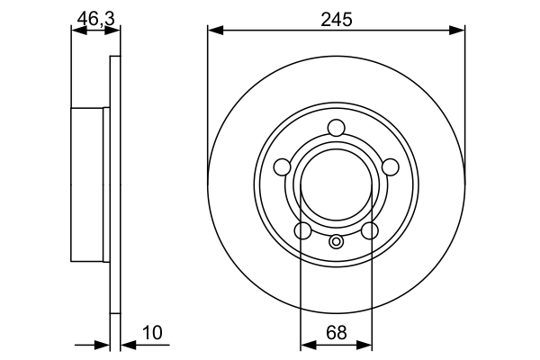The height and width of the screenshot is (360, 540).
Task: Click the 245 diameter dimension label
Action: pyautogui.click(x=337, y=20)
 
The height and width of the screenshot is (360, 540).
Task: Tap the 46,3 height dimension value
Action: pyautogui.click(x=95, y=18)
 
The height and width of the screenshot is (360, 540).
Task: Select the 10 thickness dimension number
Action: pyautogui.click(x=152, y=333)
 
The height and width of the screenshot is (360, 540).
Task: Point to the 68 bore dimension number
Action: pyautogui.click(x=337, y=333)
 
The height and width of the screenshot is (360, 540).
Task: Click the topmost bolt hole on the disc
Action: pyautogui.click(x=336, y=128)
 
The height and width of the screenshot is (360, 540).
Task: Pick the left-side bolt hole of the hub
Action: pyautogui.click(x=282, y=167)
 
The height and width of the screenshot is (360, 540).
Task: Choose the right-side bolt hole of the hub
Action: pyautogui.click(x=391, y=167)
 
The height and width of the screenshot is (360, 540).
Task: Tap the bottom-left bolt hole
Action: pyautogui.click(x=303, y=230)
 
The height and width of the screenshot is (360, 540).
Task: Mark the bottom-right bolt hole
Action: pyautogui.click(x=370, y=230)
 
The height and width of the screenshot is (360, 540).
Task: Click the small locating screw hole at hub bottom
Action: pyautogui.click(x=336, y=241)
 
